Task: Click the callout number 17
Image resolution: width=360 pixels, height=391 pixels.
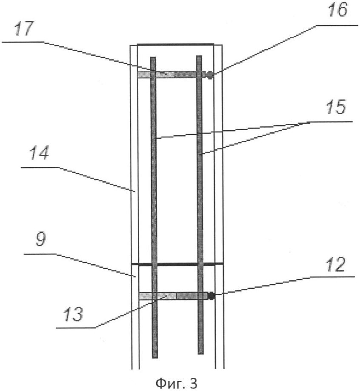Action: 23,29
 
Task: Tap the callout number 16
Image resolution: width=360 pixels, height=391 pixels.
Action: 337,9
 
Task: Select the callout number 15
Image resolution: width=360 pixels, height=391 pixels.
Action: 336,107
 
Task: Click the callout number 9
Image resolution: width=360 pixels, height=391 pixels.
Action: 41,240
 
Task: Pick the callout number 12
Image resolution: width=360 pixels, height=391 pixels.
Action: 336,264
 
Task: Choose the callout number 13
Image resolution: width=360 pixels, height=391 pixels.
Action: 73,314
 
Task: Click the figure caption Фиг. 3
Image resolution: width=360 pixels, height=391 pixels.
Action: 176,383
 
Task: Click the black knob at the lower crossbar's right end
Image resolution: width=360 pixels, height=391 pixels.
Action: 211,296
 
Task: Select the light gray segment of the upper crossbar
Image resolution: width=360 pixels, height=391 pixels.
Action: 156,74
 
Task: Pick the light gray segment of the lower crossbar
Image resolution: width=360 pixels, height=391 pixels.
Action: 158,296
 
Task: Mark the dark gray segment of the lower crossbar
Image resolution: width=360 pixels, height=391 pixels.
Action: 191,296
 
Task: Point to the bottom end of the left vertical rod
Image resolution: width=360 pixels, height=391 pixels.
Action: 154,357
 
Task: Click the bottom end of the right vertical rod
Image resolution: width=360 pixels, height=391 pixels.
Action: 200,353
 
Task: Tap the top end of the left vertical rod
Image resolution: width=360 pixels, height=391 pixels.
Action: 153,57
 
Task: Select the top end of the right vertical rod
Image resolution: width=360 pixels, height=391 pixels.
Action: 199,56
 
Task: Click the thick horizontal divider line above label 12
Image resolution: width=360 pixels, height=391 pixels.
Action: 177,264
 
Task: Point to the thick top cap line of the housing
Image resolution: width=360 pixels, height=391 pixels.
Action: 176,45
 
